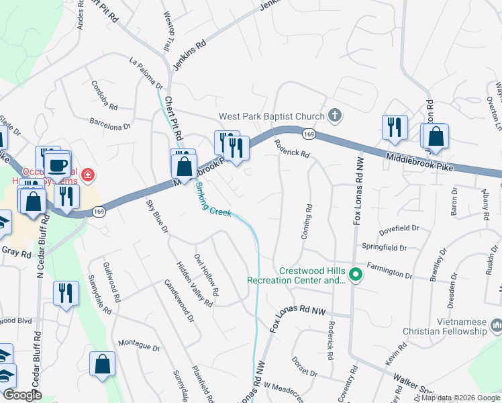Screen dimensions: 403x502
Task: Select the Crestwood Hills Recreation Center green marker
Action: coord(357,275)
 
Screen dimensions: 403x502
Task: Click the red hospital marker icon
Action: coord(87,176)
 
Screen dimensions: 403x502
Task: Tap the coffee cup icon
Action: coord(58,165)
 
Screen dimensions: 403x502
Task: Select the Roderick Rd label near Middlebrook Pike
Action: coord(291,148)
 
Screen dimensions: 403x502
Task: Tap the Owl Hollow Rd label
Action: coord(206,276)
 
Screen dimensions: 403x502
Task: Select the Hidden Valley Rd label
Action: coord(195,284)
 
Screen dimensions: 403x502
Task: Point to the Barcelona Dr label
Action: coord(111,124)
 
